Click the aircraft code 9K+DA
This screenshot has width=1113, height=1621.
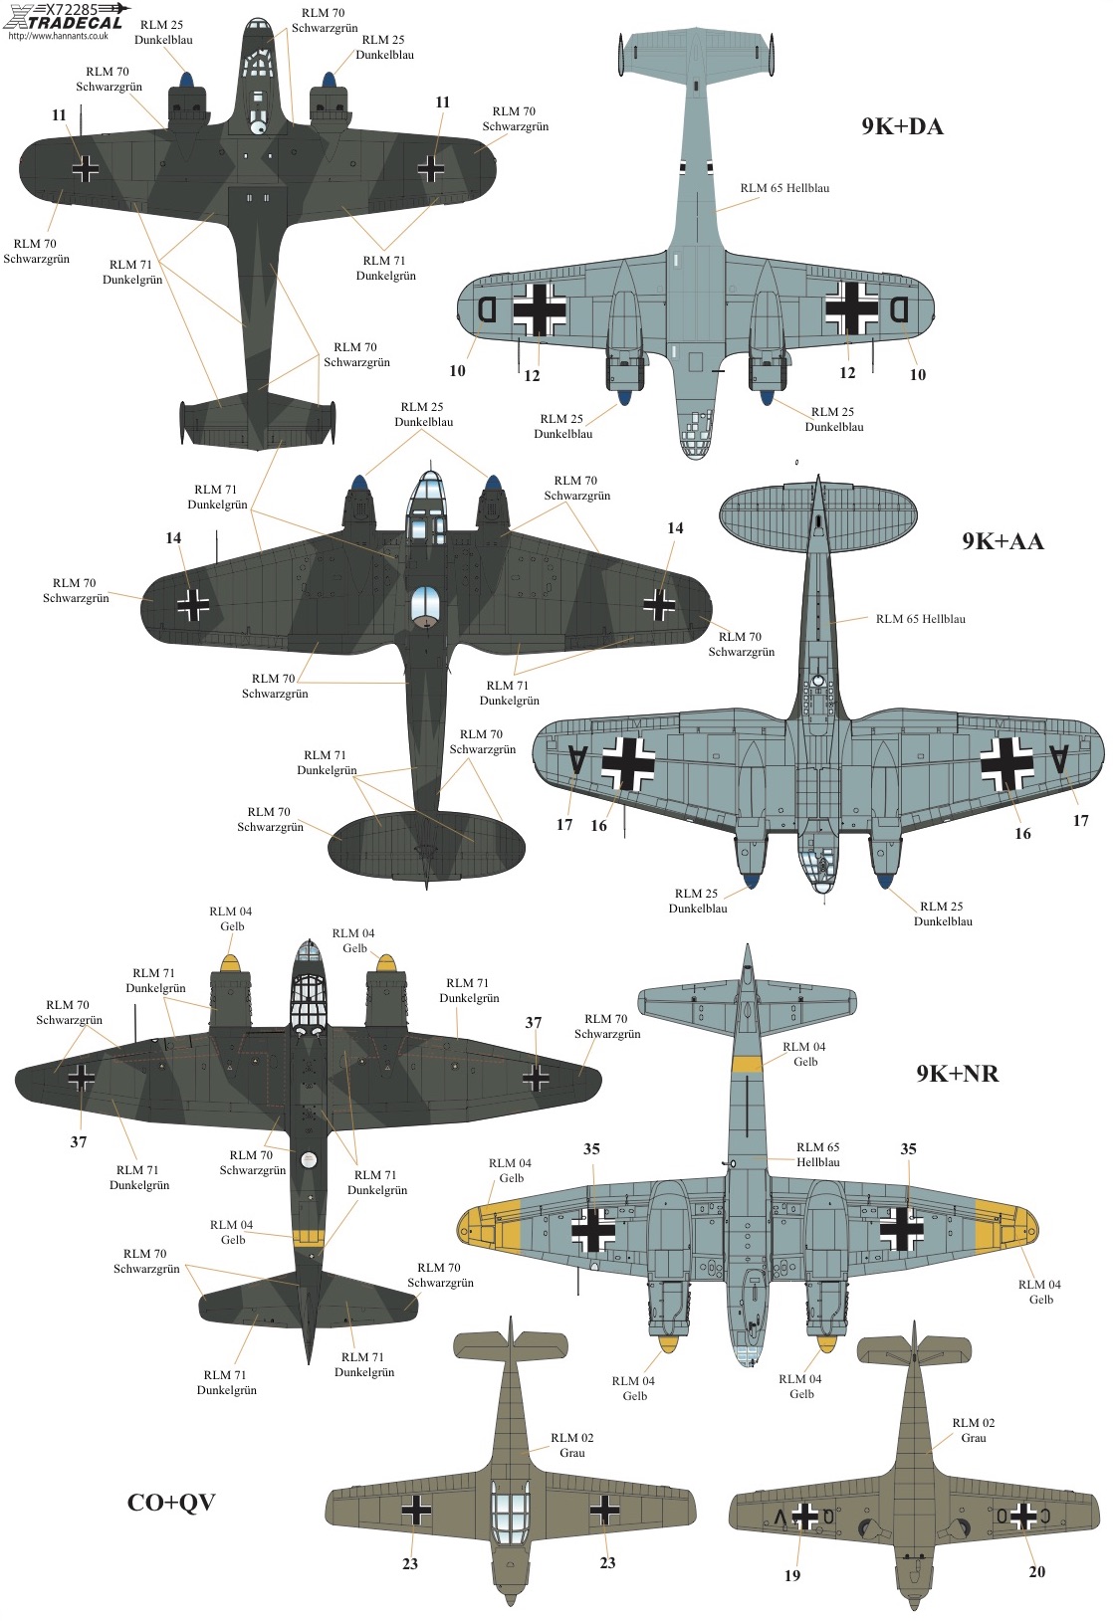click(902, 127)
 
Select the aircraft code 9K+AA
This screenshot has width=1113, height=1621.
click(1002, 541)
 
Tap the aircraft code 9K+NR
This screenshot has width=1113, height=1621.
click(958, 1073)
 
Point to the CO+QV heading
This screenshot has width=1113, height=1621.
click(171, 1503)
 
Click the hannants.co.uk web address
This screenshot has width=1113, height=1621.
click(58, 36)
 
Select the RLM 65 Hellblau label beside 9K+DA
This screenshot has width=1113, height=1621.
click(784, 188)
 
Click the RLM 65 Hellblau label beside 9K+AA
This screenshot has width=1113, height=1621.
click(921, 619)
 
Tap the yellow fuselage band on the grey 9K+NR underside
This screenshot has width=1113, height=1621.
click(747, 1064)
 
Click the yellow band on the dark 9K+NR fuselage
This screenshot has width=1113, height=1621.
click(309, 1238)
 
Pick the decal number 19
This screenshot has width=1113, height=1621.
click(792, 1575)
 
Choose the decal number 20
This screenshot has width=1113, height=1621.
click(1037, 1571)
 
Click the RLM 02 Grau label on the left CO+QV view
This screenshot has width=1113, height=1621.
click(572, 1445)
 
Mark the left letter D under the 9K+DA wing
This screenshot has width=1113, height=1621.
click(487, 309)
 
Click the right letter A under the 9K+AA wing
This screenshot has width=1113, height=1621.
click(1058, 759)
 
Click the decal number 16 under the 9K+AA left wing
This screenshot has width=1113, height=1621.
click(598, 826)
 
